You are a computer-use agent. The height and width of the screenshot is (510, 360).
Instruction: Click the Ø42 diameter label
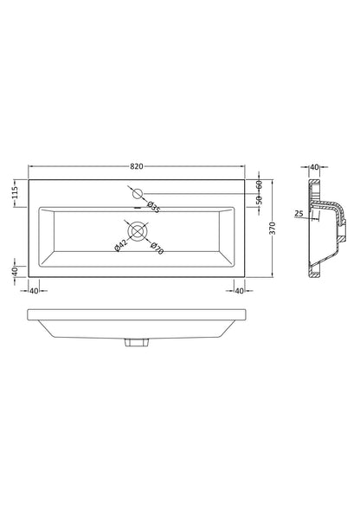pos(120,244)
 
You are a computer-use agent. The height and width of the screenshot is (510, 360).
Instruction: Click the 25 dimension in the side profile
pos(298,214)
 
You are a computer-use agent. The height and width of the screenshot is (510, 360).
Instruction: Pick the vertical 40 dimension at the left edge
pos(15,271)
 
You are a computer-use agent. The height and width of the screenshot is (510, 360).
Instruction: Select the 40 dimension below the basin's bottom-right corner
pos(239,291)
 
